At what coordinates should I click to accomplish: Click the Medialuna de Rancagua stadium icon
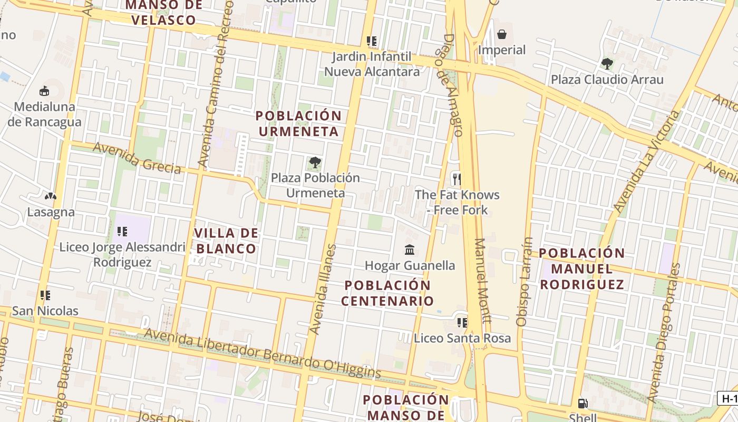[x=44, y=91]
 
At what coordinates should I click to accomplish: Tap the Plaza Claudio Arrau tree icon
[x=607, y=64]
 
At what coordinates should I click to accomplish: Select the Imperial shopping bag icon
[x=502, y=34]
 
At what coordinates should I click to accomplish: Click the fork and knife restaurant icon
[x=457, y=179]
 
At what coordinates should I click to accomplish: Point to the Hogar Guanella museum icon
[x=410, y=250]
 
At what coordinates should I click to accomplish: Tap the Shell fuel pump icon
[x=582, y=404]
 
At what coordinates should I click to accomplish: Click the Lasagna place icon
[x=51, y=197]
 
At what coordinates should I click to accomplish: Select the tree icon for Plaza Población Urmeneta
[x=315, y=162]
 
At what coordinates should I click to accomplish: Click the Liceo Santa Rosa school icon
[x=462, y=322]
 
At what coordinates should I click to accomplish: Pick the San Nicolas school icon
[x=45, y=295]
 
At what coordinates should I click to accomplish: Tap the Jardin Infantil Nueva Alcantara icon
[x=372, y=41]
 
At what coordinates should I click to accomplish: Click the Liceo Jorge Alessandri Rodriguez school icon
[x=122, y=231]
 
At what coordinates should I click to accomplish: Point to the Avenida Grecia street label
[x=137, y=158]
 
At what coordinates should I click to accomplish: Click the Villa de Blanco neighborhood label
[x=226, y=241]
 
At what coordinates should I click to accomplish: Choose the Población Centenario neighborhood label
[x=387, y=293]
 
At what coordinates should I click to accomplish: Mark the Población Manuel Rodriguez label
[x=581, y=268]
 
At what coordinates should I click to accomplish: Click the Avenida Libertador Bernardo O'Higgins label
[x=262, y=353]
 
